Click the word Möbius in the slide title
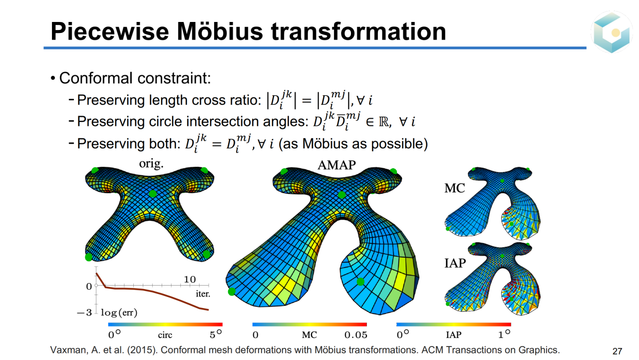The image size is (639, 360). click(x=220, y=31)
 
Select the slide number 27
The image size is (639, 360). click(x=617, y=351)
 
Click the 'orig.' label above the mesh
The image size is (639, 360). click(x=151, y=163)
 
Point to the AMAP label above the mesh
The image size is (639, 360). click(x=336, y=165)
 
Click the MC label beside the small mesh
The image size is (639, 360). click(x=454, y=188)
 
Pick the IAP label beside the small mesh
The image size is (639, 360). click(x=455, y=263)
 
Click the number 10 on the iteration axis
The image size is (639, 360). click(x=190, y=279)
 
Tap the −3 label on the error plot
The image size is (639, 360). click(x=84, y=313)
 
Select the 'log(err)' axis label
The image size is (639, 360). click(x=119, y=313)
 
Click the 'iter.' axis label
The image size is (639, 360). click(x=203, y=294)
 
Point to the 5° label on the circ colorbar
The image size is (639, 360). click(x=216, y=334)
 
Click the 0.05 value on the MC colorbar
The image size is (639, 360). click(x=356, y=335)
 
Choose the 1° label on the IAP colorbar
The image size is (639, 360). click(x=504, y=334)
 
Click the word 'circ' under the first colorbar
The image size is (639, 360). click(x=165, y=335)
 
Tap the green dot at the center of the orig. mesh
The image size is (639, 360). click(x=153, y=194)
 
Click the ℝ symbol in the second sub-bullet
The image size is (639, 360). click(x=383, y=122)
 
